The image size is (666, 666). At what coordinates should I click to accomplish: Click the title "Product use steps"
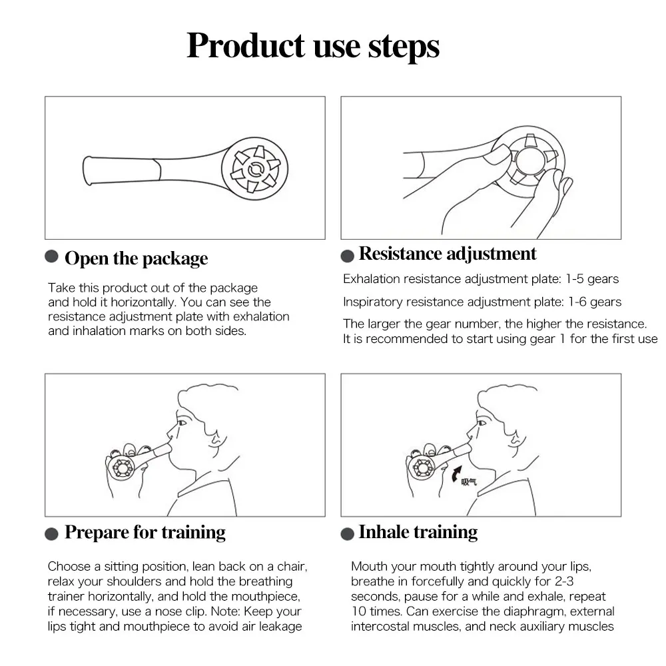[313, 47]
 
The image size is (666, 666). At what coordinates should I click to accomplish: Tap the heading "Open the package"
[137, 258]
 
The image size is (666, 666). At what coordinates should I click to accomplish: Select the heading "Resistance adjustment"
[448, 254]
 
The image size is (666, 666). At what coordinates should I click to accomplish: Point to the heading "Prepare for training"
[145, 532]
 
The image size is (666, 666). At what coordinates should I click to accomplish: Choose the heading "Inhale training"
[418, 532]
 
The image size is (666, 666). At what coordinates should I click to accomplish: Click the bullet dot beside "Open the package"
[51, 256]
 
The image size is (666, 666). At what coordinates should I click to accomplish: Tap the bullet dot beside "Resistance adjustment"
[348, 256]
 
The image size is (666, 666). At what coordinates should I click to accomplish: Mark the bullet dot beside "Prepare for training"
[51, 534]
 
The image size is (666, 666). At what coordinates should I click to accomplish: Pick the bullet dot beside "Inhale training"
[348, 534]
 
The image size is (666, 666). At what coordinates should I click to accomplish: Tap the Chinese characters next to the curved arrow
[470, 482]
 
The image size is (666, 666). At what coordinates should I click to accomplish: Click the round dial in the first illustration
[255, 168]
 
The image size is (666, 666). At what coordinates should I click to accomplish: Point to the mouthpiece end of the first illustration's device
[87, 170]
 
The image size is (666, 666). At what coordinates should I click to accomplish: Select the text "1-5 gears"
[592, 279]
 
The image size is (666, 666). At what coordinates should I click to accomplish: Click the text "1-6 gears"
[595, 302]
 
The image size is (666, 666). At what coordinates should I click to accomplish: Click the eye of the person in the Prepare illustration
[182, 423]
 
